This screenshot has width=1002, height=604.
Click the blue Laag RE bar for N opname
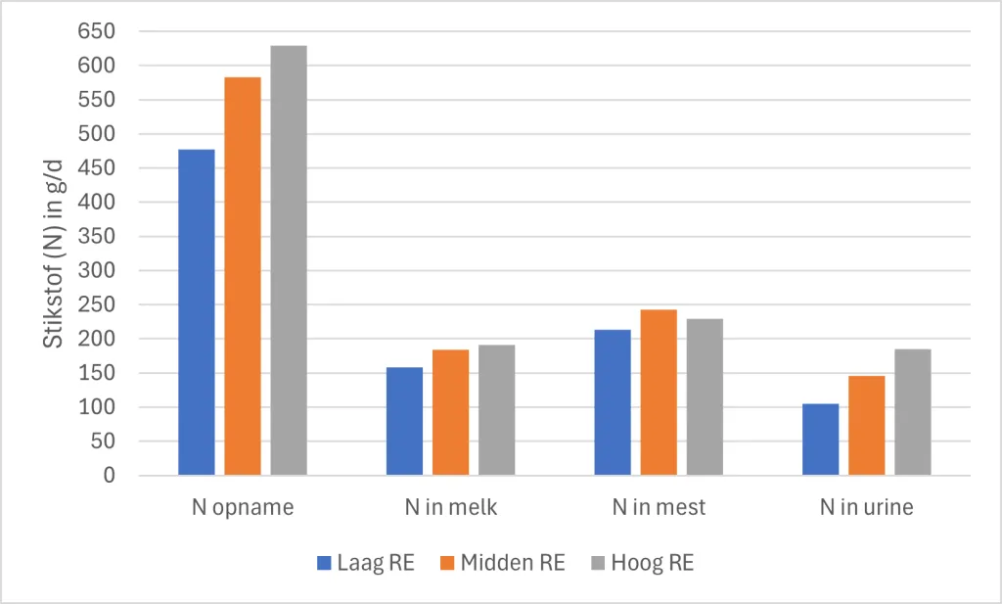(196, 312)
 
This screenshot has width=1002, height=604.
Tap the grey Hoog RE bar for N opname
(289, 260)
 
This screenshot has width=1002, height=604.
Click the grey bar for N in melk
(497, 410)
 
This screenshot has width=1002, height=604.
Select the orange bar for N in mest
(659, 393)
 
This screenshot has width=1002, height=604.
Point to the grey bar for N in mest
(705, 397)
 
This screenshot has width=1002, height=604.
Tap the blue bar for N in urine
(820, 440)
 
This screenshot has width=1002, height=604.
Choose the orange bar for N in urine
(866, 426)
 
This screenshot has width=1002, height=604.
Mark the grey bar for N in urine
(912, 412)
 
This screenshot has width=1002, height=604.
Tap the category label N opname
(243, 507)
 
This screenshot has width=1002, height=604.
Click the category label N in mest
(659, 507)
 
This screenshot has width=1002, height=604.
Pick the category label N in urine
(866, 507)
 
